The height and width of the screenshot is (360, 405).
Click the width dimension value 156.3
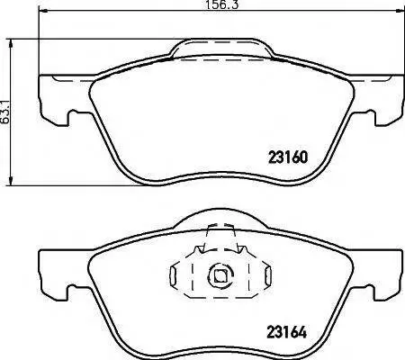(222, 4)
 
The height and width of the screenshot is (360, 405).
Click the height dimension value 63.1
(4, 112)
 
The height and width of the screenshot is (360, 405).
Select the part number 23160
(288, 157)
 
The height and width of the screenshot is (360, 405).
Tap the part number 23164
(287, 332)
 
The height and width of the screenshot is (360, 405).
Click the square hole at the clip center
(220, 274)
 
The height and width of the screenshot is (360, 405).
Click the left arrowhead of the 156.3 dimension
(44, 11)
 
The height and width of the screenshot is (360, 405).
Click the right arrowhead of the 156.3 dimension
(400, 11)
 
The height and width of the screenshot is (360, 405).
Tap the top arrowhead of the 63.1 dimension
(11, 44)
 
